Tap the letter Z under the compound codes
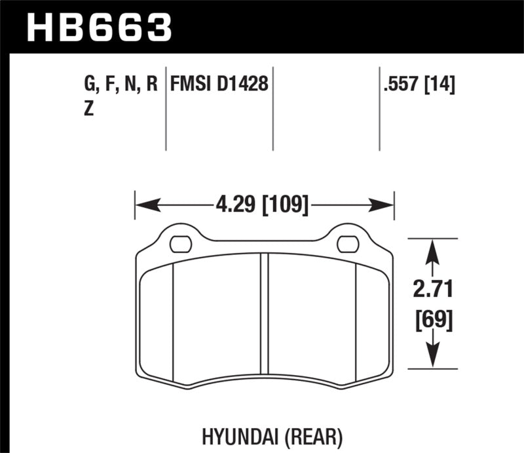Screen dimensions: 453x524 point(88,109)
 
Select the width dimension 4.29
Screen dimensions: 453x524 point(235,205)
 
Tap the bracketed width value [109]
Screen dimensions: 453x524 point(284,205)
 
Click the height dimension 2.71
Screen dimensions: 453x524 point(432,289)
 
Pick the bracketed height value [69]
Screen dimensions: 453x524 point(432,320)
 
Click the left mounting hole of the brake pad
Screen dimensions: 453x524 point(179,244)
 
